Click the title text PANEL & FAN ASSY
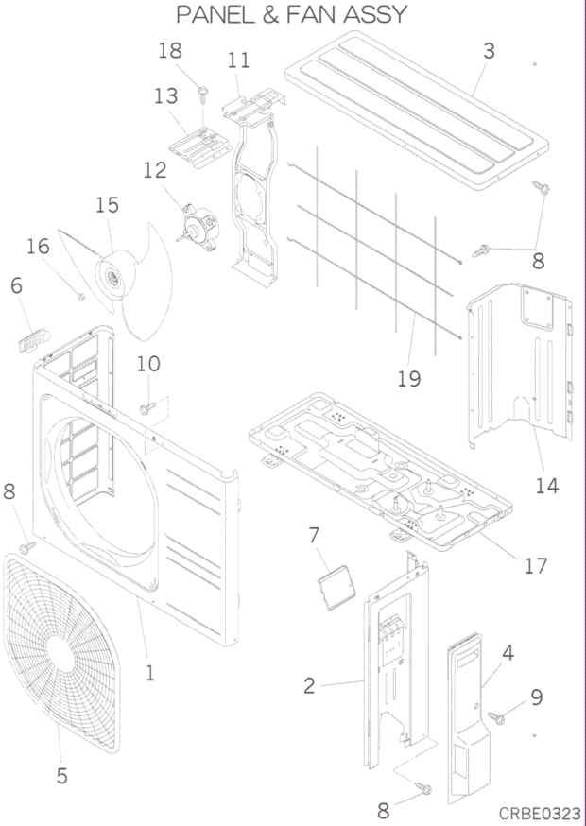[292, 15]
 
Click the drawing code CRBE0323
[540, 813]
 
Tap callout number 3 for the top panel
[489, 51]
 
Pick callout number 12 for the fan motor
[155, 171]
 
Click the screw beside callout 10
[146, 408]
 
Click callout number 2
[309, 686]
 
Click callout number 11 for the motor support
[239, 60]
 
